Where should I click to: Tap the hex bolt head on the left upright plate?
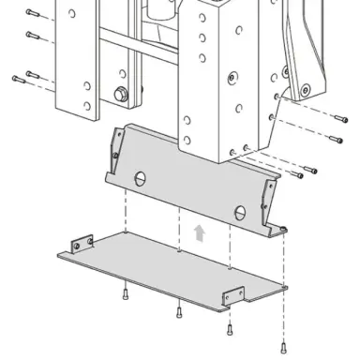[x=119, y=93]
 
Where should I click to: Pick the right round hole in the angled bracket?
[x=241, y=210]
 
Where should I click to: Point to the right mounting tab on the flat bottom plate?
[x=231, y=298]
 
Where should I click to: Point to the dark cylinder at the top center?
[x=162, y=11]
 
